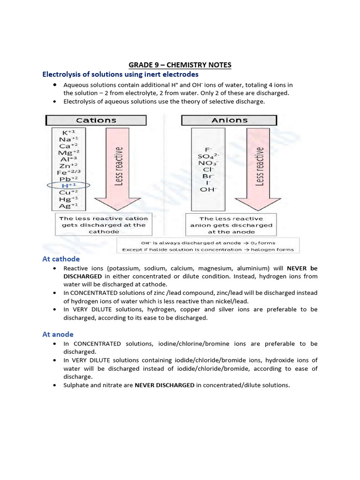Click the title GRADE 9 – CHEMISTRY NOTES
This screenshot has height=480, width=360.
180,65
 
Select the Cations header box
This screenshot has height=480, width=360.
96,120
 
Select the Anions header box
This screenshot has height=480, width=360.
230,120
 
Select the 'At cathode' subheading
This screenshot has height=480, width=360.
61,259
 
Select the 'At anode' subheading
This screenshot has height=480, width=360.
58,334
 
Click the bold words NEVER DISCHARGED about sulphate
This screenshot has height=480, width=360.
165,385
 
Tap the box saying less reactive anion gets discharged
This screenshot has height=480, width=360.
231,225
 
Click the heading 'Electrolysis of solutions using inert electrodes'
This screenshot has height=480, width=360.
120,75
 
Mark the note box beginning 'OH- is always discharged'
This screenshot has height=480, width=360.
208,246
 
